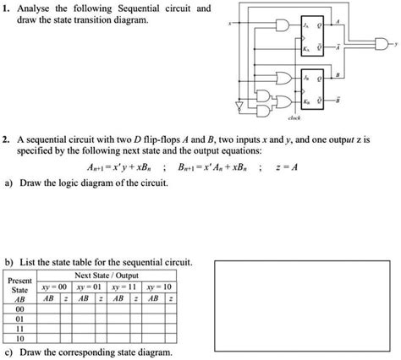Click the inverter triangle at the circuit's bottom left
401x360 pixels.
pos(240,106)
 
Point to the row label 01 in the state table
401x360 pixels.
pos(20,319)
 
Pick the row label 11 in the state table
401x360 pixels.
pos(20,329)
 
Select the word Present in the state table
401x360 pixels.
pos(19,280)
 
